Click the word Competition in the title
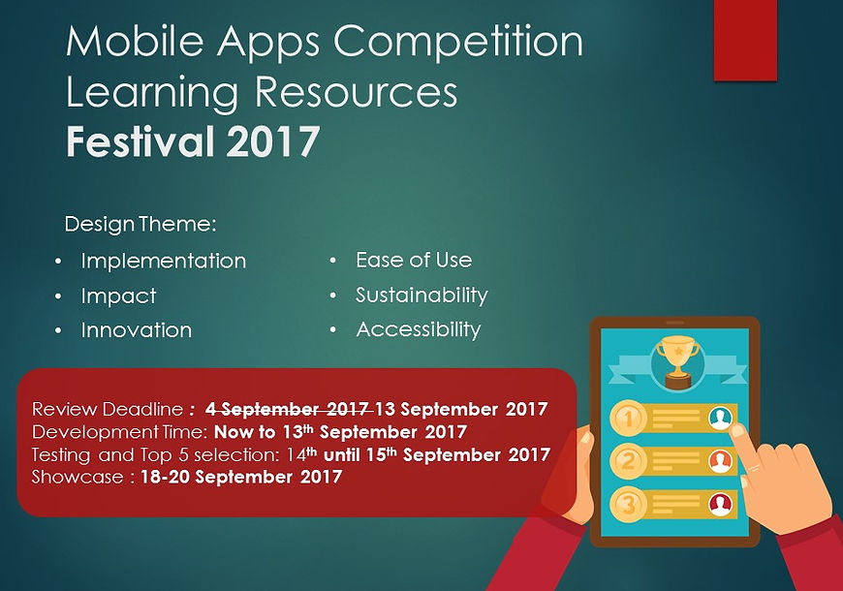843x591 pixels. [458, 42]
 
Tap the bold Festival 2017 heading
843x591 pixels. [193, 140]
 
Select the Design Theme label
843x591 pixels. [140, 224]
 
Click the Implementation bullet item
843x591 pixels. [164, 262]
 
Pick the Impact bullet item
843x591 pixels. [119, 295]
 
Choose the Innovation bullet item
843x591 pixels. [137, 330]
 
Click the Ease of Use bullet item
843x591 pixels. [414, 261]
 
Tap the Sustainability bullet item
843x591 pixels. [422, 295]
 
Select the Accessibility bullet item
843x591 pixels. [419, 329]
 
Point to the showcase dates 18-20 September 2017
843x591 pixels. [241, 477]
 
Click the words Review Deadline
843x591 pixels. [108, 409]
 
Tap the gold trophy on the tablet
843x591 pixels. [678, 361]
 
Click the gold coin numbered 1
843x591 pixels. [628, 418]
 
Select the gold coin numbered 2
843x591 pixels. [628, 461]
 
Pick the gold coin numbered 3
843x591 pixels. [628, 505]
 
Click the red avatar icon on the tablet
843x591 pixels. [720, 504]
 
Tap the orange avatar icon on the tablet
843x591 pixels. [720, 461]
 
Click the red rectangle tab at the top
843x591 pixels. [745, 41]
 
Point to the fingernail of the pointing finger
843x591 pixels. [738, 429]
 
